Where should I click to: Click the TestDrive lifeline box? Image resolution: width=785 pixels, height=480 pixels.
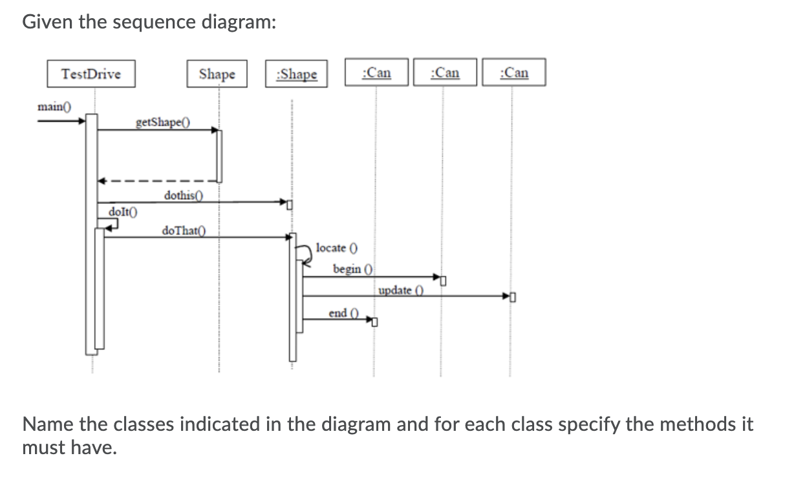click(91, 74)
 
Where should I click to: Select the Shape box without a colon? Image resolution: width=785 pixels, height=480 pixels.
click(217, 74)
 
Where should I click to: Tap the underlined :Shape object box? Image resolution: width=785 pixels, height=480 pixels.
click(296, 74)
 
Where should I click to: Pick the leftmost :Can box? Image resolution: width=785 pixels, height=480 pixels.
click(377, 72)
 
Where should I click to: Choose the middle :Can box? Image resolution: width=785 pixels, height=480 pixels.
click(445, 72)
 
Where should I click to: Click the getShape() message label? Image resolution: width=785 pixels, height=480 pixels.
click(163, 122)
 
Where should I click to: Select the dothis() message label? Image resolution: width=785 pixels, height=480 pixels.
click(184, 195)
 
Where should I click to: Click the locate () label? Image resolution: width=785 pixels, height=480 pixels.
click(337, 248)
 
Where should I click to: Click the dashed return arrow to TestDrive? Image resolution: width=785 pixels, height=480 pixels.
click(155, 181)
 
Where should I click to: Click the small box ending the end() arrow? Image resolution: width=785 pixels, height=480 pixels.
click(374, 322)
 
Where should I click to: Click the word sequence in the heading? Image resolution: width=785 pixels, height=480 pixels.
click(162, 22)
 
